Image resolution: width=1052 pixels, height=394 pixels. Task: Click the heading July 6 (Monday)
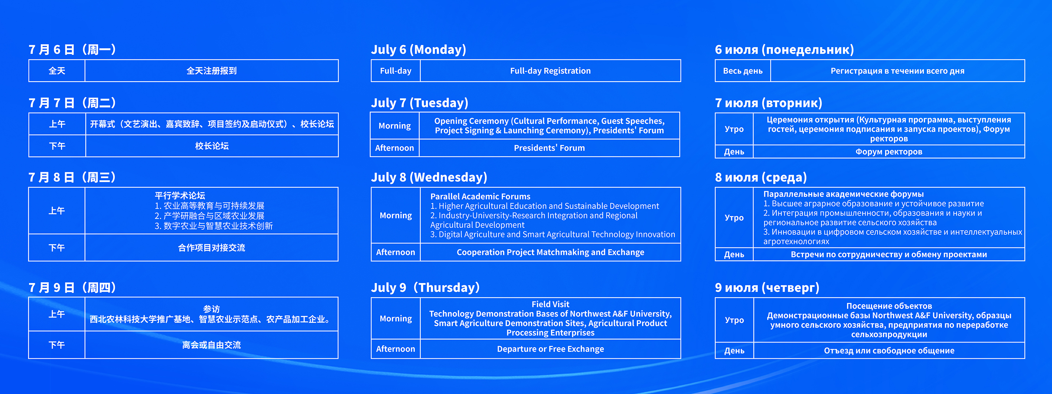point(418,50)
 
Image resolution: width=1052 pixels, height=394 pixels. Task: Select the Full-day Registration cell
point(550,71)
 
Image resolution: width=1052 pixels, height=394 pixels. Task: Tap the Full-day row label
point(395,71)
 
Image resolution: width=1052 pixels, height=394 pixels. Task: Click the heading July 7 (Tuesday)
point(419,103)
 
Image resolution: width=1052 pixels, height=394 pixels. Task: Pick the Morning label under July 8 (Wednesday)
point(395,215)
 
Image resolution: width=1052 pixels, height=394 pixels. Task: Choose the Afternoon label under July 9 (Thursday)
point(395,349)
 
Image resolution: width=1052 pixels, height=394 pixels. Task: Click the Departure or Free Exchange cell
point(550,349)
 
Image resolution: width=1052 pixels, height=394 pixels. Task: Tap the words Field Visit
point(550,304)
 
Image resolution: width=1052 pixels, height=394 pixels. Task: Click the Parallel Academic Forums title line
point(480,197)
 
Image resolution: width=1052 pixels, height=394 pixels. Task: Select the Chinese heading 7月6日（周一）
point(72,50)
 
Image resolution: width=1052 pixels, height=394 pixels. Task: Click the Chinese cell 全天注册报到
point(212,71)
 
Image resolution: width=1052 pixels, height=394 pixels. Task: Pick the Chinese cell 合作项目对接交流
point(212,248)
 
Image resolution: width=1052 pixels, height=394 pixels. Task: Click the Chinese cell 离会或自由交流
point(212,345)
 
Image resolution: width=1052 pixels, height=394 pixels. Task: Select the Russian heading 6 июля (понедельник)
point(784,50)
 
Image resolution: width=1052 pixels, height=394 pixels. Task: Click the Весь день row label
point(742,71)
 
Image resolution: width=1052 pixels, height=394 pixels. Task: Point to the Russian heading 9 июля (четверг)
point(767,288)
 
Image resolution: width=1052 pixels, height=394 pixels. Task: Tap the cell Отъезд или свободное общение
point(889,351)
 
